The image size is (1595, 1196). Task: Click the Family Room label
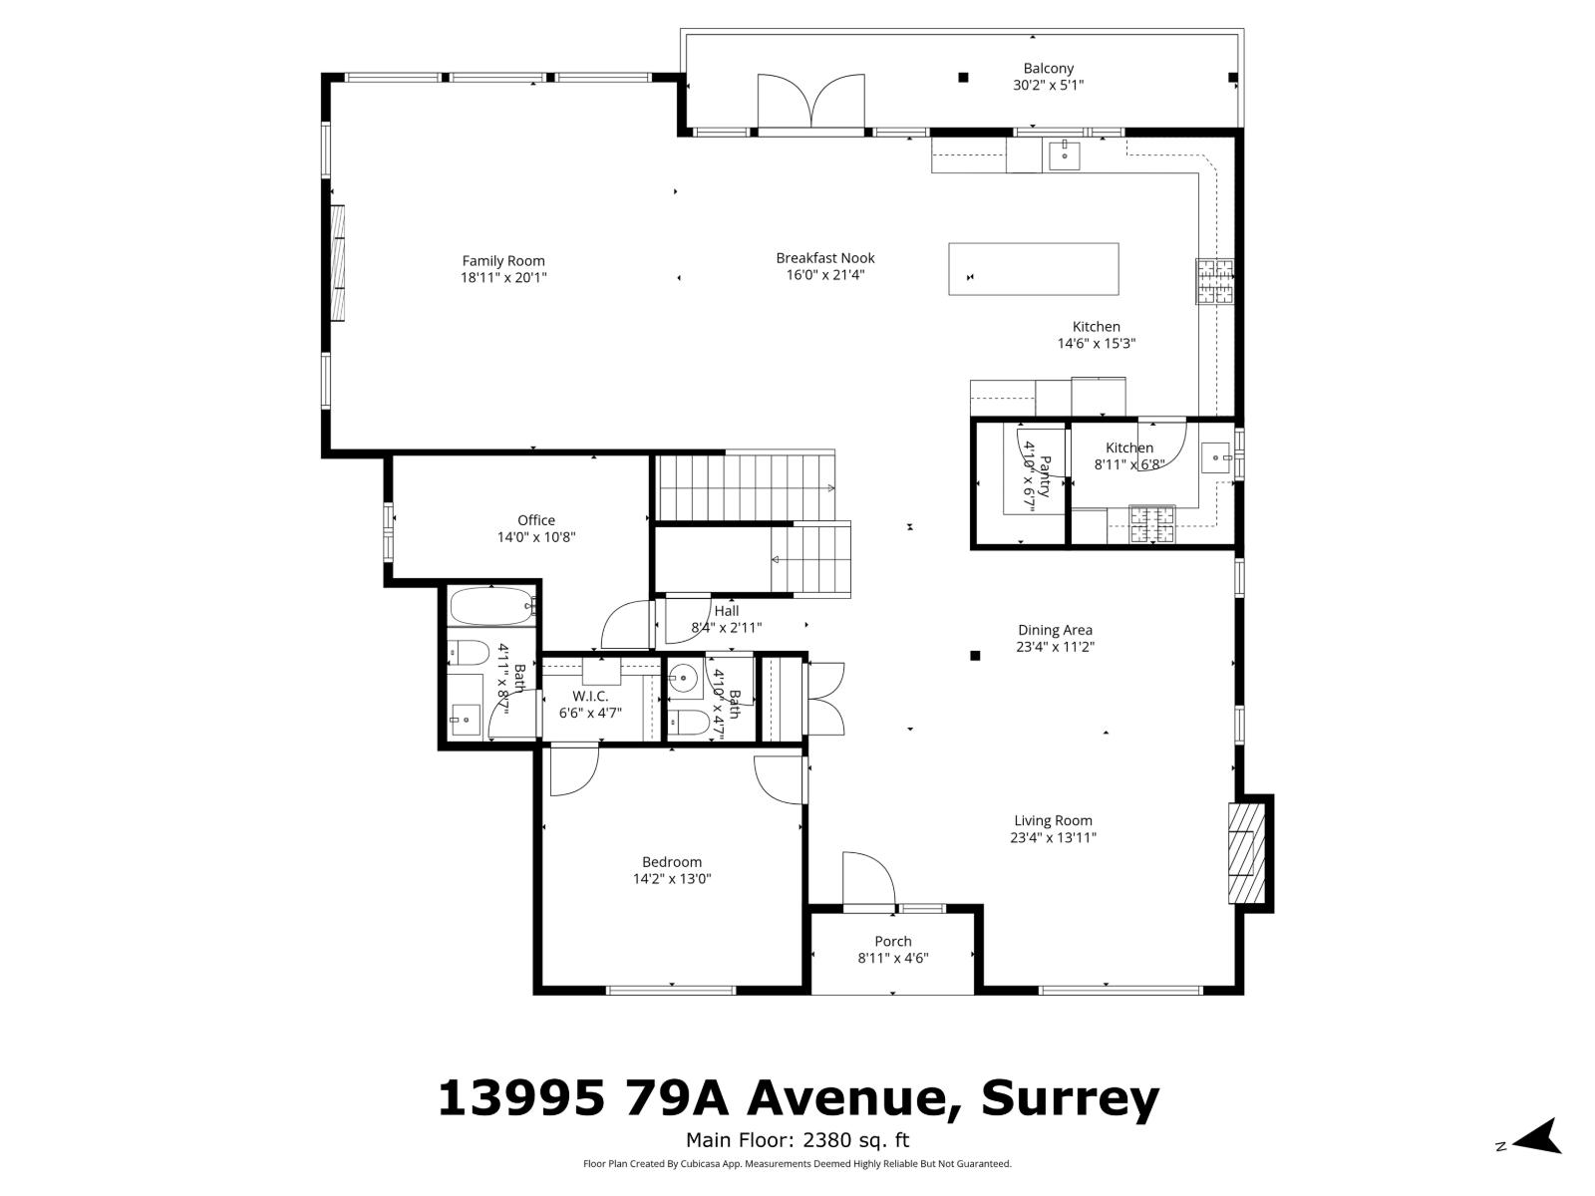pos(503,261)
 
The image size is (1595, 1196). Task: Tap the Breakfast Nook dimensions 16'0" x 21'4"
pos(825,274)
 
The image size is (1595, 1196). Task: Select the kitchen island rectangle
pos(1033,269)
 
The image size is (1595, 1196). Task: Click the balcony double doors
pos(810,103)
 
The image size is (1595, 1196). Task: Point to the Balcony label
pos(1048,69)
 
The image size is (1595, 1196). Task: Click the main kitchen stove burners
pos(1215,281)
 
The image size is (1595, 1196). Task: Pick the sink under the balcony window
pos(1064,154)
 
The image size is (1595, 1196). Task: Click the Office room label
pos(536,520)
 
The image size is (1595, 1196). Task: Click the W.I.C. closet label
pos(590,697)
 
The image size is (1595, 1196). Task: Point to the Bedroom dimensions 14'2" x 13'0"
pos(672,879)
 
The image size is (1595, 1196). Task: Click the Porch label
pos(893,941)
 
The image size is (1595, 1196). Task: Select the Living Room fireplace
pos(1245,852)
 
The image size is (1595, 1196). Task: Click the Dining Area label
pos(1055,630)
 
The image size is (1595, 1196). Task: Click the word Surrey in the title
pos(1070,1098)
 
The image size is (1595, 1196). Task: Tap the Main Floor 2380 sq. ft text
pos(797,1141)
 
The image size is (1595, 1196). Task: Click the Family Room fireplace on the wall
pos(339,263)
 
